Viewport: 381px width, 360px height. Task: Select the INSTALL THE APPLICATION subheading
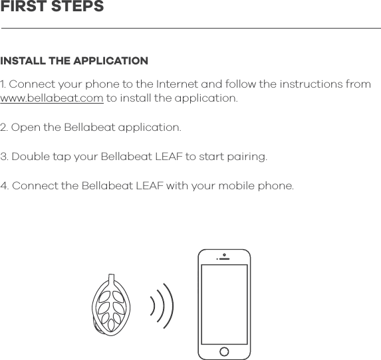tap(74, 61)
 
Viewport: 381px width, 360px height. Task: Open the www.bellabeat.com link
tap(52, 98)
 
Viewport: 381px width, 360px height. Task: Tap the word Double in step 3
tap(31, 157)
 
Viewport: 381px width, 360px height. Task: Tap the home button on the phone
tap(225, 351)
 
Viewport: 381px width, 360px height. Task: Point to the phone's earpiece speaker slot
tap(225, 259)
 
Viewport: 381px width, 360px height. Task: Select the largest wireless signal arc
tap(169, 306)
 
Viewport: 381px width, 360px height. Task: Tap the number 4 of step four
tap(4, 185)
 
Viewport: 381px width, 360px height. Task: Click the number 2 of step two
tap(4, 128)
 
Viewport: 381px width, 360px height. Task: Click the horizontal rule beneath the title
tap(191, 29)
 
